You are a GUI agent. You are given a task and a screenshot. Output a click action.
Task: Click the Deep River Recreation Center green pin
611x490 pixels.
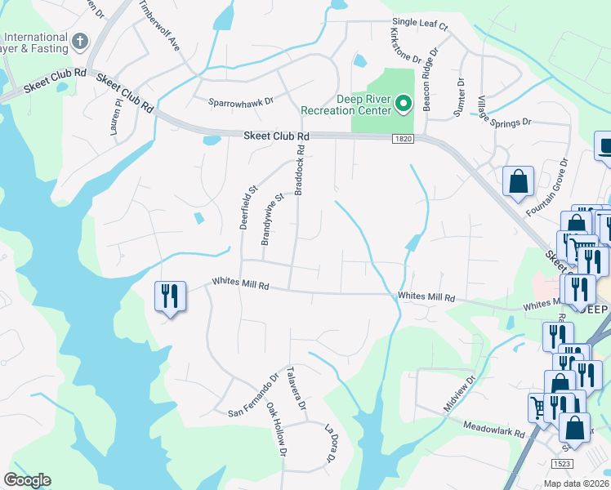click(x=403, y=104)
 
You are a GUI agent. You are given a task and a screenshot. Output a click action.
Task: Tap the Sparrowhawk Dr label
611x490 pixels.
click(x=240, y=102)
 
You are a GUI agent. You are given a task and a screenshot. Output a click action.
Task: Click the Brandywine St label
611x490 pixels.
click(x=271, y=219)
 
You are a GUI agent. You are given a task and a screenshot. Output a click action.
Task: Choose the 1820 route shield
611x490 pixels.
click(x=403, y=140)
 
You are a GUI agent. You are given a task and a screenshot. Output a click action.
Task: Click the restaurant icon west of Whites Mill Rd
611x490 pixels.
click(x=171, y=296)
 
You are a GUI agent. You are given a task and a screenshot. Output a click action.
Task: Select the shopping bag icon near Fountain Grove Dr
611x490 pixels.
click(x=519, y=181)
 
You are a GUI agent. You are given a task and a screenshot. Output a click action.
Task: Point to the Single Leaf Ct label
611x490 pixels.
click(x=421, y=26)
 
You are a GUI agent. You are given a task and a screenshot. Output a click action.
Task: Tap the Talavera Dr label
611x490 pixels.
click(x=296, y=388)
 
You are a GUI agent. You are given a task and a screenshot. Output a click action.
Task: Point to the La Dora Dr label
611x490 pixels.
click(x=331, y=442)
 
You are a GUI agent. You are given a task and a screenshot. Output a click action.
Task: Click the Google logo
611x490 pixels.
click(x=27, y=480)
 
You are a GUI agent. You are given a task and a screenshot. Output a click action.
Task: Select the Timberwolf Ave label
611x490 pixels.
click(x=159, y=25)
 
